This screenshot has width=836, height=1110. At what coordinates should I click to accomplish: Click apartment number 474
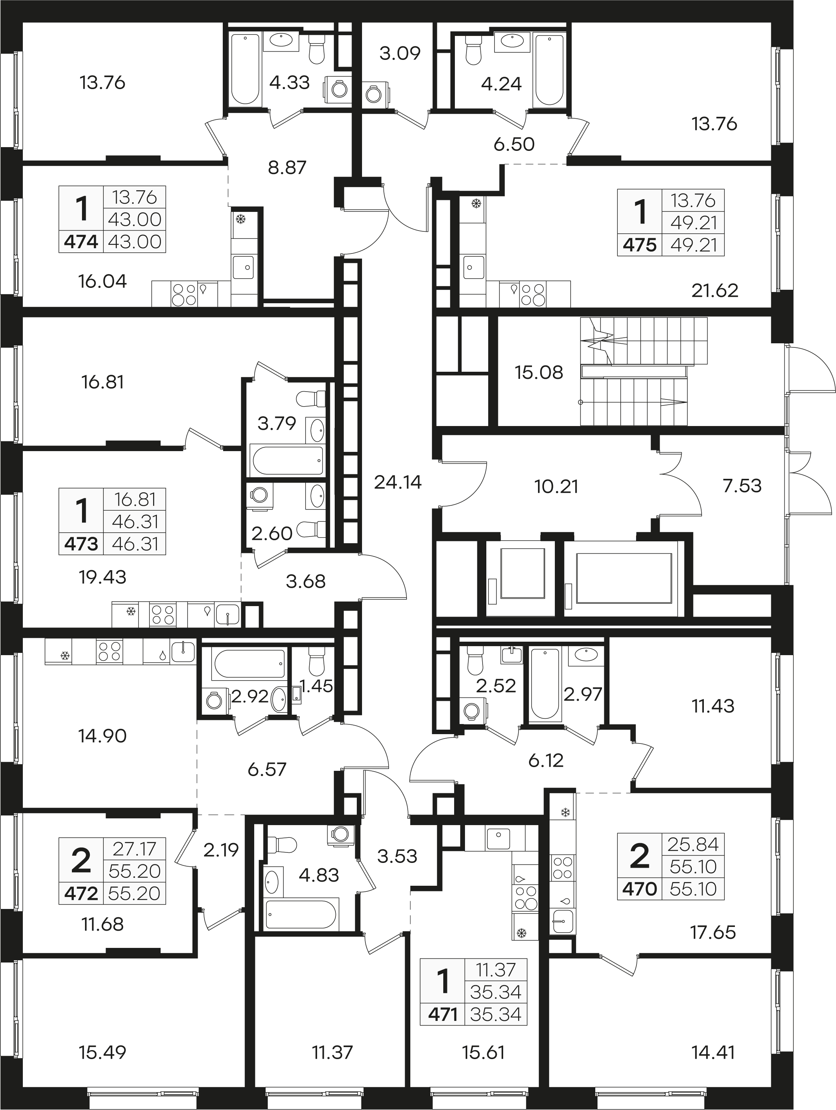[81, 242]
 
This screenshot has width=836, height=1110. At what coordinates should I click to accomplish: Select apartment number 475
[639, 245]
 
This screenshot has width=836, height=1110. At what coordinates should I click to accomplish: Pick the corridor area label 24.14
[398, 482]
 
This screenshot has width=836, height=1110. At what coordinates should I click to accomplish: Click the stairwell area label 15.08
[539, 372]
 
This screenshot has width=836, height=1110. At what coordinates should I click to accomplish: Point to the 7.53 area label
[742, 486]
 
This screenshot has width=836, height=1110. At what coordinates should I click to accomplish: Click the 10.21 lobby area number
[556, 486]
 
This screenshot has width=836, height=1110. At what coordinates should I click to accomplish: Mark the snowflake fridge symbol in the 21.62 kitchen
[476, 204]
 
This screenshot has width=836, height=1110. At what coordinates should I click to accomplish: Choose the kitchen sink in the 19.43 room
[228, 614]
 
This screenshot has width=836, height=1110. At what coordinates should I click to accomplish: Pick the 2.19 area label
[221, 850]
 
